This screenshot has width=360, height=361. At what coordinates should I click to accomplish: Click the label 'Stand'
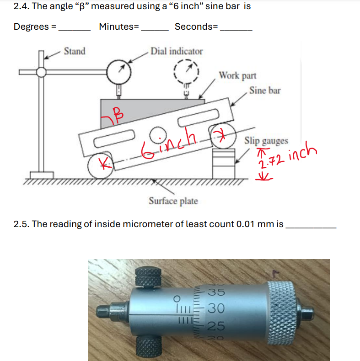(x=74, y=51)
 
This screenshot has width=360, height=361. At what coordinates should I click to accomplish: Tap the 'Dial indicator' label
(x=177, y=51)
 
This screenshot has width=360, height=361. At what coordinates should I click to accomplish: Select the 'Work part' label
(x=237, y=75)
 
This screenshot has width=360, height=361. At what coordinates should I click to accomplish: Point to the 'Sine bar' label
(x=265, y=90)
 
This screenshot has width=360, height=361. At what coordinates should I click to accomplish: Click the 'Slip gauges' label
(x=266, y=140)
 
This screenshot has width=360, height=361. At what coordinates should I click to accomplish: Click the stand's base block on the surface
(x=42, y=175)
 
